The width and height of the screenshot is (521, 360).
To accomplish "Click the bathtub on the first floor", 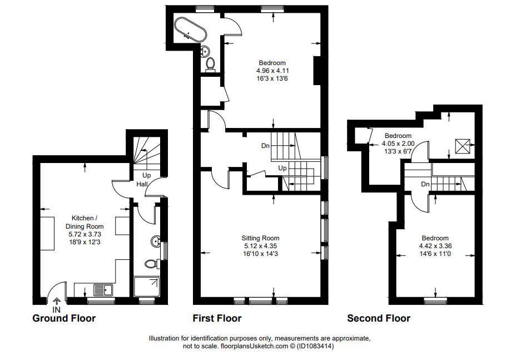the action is (191, 29).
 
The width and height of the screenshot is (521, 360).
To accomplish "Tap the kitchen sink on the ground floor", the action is (103, 290).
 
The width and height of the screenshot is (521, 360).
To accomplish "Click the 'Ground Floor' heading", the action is (64, 318).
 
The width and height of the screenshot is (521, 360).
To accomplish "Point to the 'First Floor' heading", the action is (217, 318).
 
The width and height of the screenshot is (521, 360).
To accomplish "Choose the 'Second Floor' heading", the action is (379, 318).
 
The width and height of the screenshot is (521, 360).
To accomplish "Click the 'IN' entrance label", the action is (57, 310).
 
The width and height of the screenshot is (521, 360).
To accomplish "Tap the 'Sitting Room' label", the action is (260, 238).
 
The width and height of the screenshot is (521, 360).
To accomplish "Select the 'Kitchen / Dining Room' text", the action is (85, 222).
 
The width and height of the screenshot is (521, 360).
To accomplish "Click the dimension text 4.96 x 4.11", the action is (272, 71).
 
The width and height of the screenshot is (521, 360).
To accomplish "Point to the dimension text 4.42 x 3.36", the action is (435, 246).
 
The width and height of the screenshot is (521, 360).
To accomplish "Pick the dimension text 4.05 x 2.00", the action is (398, 144).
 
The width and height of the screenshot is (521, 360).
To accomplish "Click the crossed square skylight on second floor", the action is (463, 146).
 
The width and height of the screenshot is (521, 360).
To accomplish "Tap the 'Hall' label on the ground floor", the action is (142, 184).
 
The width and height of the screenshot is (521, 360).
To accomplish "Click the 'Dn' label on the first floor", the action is (265, 146).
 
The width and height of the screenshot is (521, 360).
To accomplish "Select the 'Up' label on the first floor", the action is (282, 168).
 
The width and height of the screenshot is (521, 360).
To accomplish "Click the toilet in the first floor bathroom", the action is (210, 64).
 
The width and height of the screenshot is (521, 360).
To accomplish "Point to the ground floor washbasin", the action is (156, 241).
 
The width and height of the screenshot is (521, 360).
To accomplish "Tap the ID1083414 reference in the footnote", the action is (315, 347).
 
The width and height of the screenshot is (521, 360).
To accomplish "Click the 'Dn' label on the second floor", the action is (425, 184).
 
